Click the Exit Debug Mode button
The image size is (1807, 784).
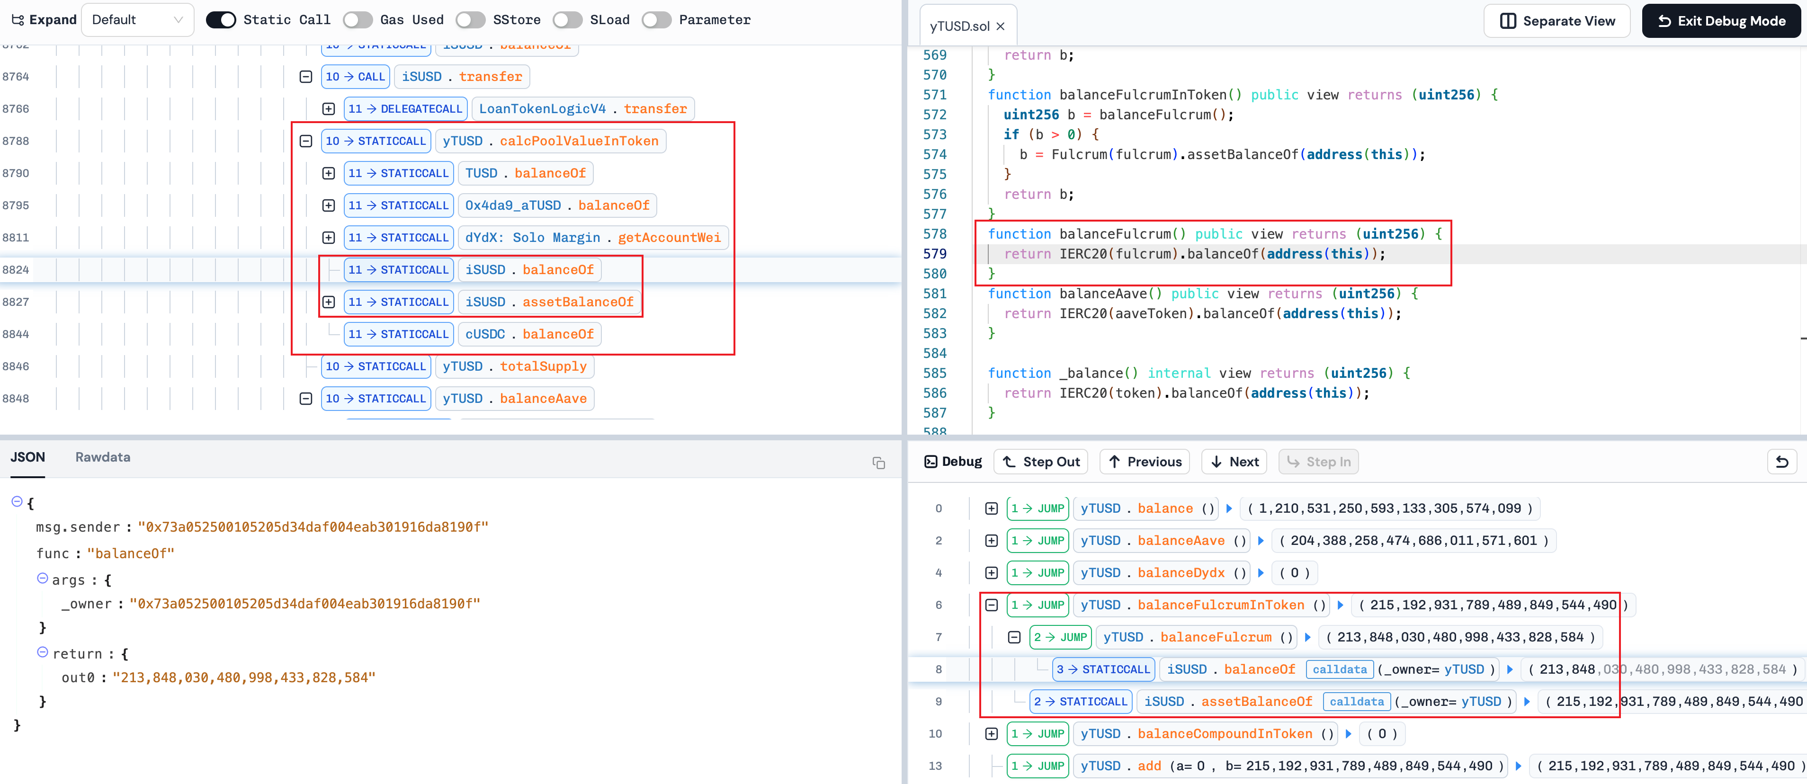[x=1721, y=21]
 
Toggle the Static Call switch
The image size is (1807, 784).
[x=221, y=19]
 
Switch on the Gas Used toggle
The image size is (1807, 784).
[x=358, y=19]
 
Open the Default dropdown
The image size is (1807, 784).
[x=137, y=19]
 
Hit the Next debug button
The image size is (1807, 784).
[x=1234, y=462]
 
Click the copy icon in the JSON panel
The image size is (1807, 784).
[x=878, y=463]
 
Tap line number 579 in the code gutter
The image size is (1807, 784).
[x=934, y=254]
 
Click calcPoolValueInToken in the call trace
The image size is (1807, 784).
[x=579, y=141]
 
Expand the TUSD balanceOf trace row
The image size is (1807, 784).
[x=328, y=173]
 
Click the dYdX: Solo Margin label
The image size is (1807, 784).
[x=532, y=238]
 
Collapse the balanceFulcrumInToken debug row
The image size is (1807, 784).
[x=991, y=605]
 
